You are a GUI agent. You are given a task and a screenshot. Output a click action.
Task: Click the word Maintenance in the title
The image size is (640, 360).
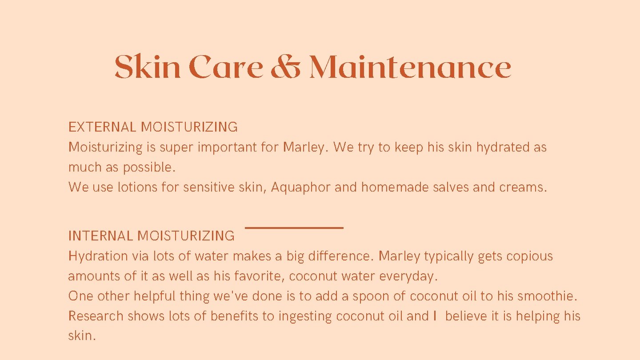pos(410,68)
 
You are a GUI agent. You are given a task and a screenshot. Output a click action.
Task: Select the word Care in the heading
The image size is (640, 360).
pos(226,68)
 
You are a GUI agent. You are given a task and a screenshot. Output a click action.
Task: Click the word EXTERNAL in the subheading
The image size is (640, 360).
pos(102,127)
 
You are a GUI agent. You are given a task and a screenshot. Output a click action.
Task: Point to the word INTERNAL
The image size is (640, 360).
pos(101,236)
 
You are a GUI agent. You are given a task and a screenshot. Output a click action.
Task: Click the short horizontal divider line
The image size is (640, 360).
pos(294,228)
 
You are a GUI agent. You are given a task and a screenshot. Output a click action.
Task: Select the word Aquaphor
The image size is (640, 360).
pos(301,188)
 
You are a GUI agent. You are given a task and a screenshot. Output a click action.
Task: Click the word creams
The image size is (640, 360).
pos(523,188)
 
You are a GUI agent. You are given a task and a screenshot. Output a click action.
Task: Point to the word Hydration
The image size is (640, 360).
pos(98,256)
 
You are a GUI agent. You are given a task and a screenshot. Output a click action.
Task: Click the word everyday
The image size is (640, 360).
pos(408,276)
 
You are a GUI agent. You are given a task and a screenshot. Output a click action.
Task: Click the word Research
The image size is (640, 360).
pos(96,316)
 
